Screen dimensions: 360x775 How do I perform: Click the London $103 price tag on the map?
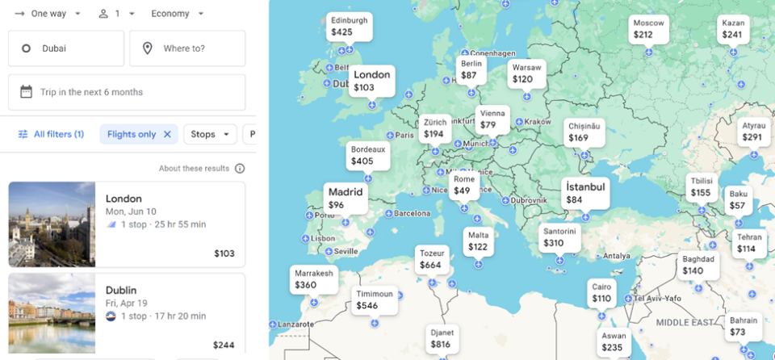click(372, 81)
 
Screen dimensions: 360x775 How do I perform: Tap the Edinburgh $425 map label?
click(350, 26)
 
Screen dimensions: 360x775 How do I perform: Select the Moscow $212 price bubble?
click(648, 29)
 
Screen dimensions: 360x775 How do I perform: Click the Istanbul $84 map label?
click(585, 193)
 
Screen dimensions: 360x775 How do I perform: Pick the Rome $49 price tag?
click(463, 186)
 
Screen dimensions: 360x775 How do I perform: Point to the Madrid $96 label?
click(346, 199)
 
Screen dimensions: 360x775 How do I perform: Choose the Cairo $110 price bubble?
click(601, 293)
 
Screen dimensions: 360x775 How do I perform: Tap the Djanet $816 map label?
click(442, 338)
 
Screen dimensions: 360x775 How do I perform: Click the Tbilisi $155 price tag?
click(701, 187)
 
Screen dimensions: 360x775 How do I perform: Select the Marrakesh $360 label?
click(313, 279)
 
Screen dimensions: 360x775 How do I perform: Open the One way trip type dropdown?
click(48, 14)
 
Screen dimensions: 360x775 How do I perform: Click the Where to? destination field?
click(187, 48)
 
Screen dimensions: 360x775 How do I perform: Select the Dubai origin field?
click(66, 48)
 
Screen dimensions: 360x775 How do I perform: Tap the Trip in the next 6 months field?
click(127, 92)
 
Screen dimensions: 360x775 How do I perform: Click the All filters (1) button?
click(51, 134)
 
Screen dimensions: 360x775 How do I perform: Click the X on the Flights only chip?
click(167, 135)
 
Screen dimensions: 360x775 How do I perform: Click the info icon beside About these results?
click(240, 169)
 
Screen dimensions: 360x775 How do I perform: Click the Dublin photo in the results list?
click(52, 313)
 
